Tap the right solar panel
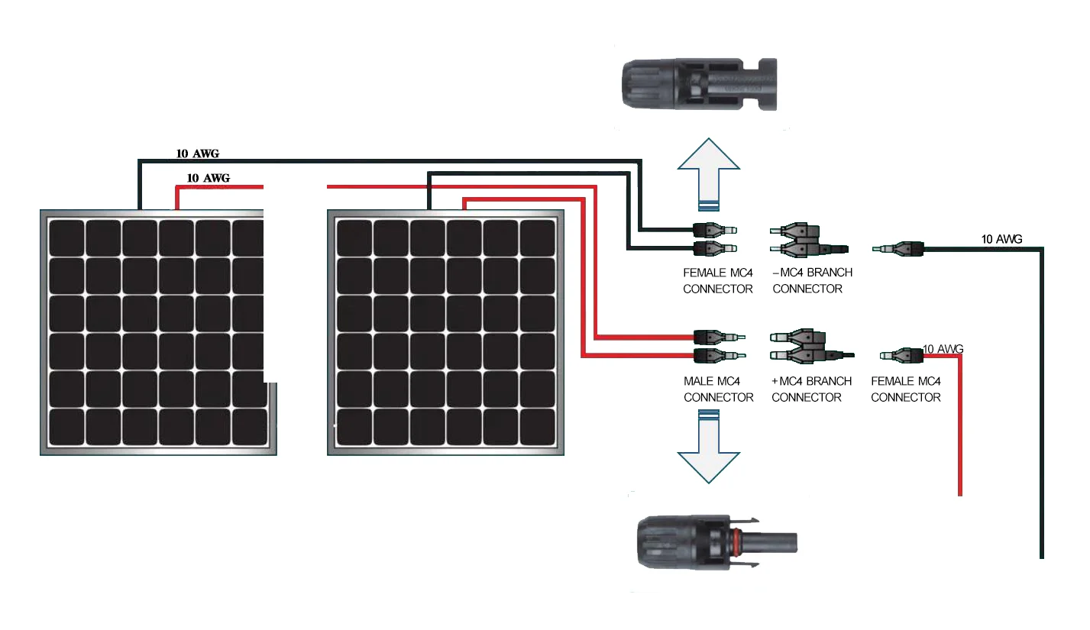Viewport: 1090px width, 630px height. (445, 332)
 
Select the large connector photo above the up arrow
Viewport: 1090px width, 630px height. (699, 83)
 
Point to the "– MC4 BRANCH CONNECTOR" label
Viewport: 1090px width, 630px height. (811, 280)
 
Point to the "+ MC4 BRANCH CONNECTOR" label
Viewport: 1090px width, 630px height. (811, 389)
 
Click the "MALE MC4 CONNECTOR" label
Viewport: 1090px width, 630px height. (718, 389)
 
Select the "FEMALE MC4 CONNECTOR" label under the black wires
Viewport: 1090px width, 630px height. (717, 280)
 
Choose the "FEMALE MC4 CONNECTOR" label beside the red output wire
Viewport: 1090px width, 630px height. (905, 389)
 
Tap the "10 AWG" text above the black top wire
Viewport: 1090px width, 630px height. (198, 153)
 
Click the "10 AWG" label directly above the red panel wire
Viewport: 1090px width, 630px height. (208, 179)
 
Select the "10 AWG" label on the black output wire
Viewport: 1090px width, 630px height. (1001, 240)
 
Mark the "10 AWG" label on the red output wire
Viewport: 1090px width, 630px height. (943, 349)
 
